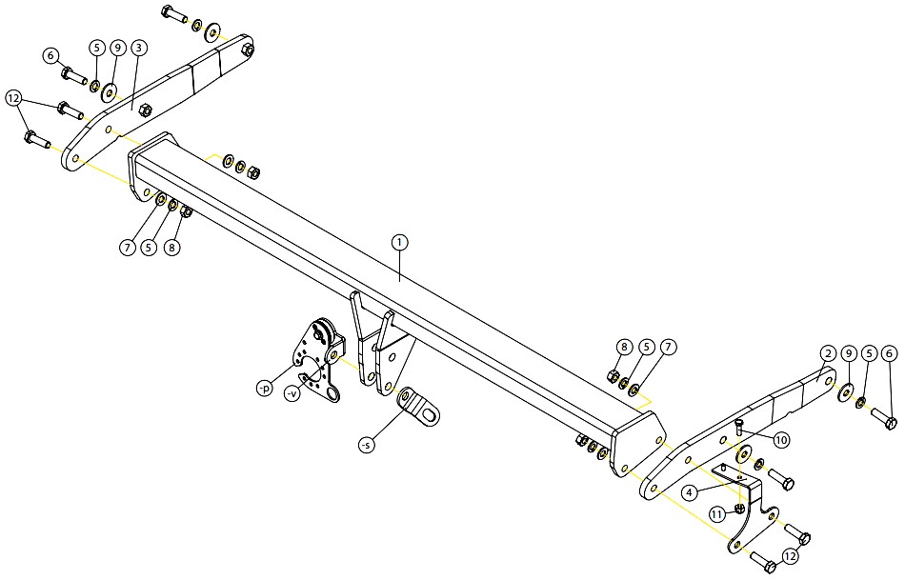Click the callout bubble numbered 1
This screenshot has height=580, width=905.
coord(399,243)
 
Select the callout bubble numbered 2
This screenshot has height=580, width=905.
coord(828,353)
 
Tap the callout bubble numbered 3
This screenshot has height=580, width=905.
coord(138,48)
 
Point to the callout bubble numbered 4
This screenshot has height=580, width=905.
coord(689,492)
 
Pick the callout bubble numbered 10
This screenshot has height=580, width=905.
coord(781,440)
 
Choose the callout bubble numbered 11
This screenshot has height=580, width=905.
coord(717,513)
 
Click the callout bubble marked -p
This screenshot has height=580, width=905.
coord(264,389)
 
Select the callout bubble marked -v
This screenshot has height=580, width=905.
coord(293,394)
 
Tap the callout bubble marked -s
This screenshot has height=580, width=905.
coord(366,445)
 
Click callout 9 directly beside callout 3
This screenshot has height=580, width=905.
coord(117,48)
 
